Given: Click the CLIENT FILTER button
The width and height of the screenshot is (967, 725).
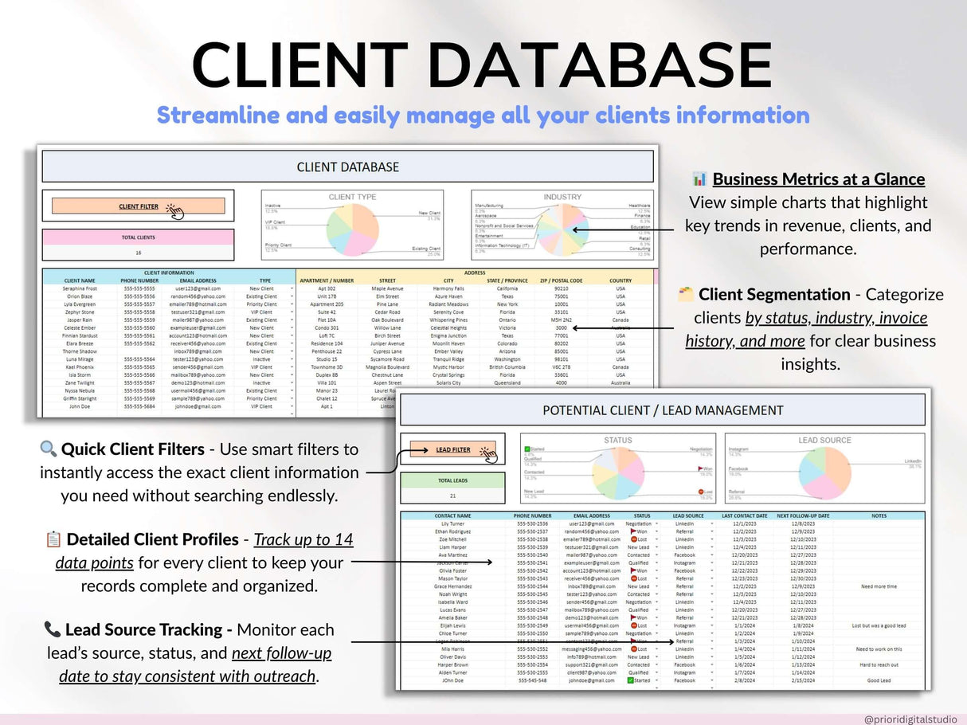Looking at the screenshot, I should click(139, 206).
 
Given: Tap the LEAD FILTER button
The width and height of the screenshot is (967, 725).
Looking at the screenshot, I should click(452, 449).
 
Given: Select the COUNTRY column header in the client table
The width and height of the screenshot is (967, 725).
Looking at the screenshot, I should click(621, 280).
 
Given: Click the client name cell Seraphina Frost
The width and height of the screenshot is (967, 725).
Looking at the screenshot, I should click(80, 288).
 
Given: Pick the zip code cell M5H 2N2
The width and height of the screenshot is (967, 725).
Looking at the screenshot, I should click(562, 319).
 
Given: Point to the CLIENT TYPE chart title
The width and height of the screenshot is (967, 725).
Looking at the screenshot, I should click(352, 197).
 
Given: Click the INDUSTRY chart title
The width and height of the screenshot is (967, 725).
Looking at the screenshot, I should click(562, 197).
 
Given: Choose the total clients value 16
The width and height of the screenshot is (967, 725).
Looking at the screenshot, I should click(138, 252).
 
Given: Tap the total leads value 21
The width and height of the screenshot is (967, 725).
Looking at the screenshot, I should click(452, 496).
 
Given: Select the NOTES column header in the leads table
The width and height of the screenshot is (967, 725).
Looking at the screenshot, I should click(879, 516).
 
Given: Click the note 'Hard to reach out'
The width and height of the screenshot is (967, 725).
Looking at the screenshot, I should click(879, 664).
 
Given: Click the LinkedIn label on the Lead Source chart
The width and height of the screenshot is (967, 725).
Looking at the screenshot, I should click(912, 461).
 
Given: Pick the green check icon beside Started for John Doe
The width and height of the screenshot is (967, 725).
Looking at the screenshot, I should click(630, 680).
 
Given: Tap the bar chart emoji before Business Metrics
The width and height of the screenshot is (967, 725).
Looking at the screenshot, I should click(699, 178).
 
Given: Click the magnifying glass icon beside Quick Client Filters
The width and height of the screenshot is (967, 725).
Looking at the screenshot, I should click(49, 449).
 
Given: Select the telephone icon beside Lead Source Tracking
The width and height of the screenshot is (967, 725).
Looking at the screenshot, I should click(53, 629).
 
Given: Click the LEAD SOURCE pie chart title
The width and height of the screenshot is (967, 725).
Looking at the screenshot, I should click(824, 440).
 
